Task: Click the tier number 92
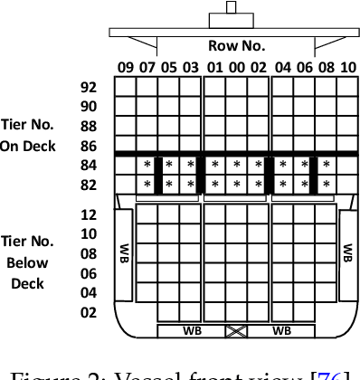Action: pyautogui.click(x=89, y=88)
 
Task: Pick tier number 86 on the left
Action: pyautogui.click(x=89, y=145)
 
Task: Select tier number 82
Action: pyautogui.click(x=89, y=184)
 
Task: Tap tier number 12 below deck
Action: pyautogui.click(x=89, y=215)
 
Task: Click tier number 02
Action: pyautogui.click(x=89, y=312)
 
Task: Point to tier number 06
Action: pyautogui.click(x=89, y=273)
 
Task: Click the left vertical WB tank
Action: pyautogui.click(x=124, y=252)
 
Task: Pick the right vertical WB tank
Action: pyautogui.click(x=347, y=252)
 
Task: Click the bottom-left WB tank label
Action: pyautogui.click(x=192, y=331)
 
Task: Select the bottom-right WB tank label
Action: pyautogui.click(x=280, y=331)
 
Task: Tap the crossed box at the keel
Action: pyautogui.click(x=236, y=331)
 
